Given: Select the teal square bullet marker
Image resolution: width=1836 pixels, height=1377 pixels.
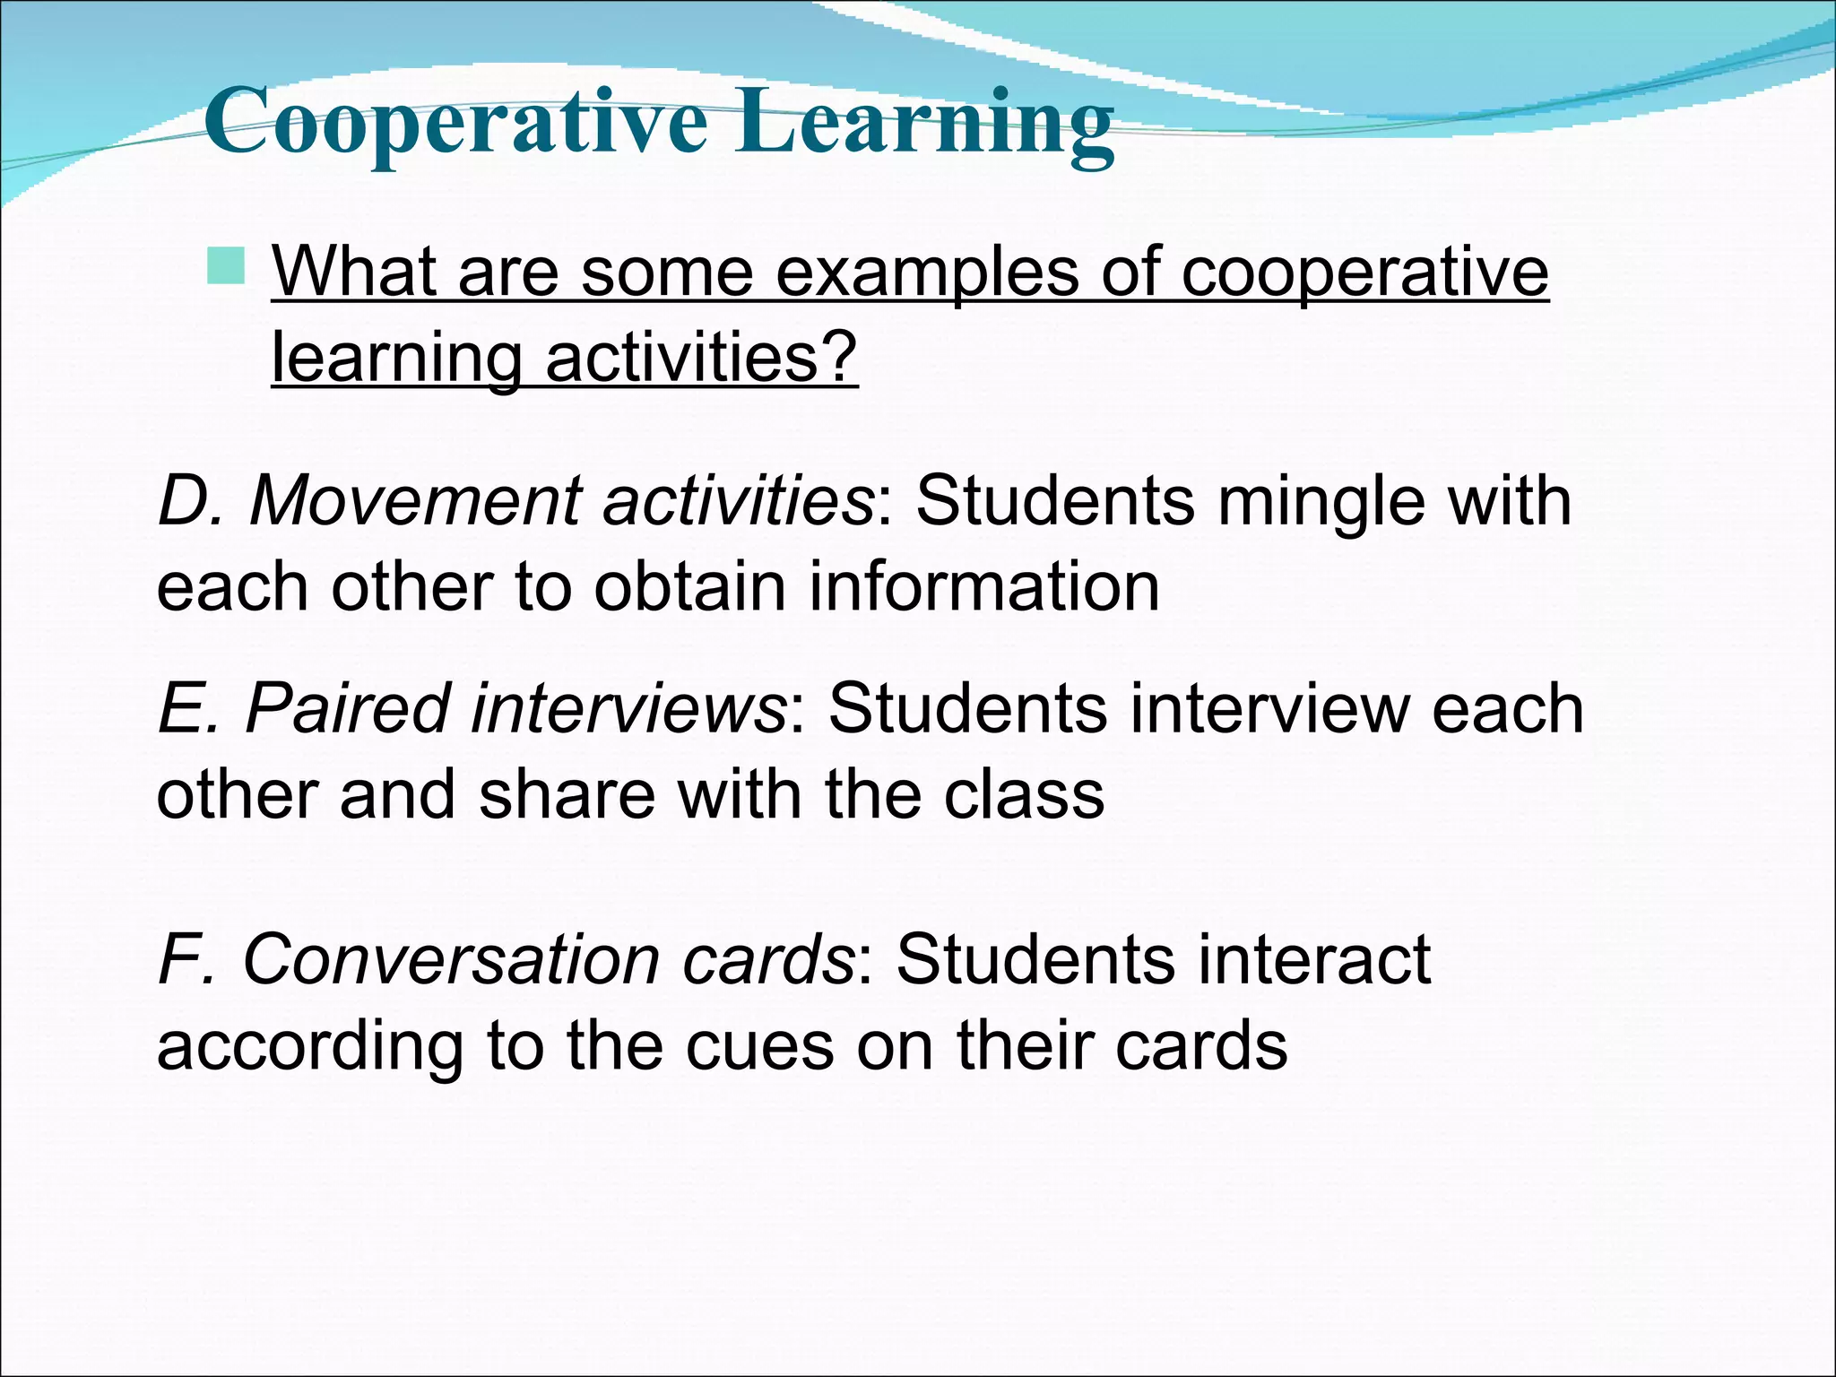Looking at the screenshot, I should pyautogui.click(x=225, y=266).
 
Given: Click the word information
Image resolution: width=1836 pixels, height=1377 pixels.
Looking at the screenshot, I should pyautogui.click(x=983, y=586).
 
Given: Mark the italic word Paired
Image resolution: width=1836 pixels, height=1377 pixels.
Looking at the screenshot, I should pyautogui.click(x=346, y=708).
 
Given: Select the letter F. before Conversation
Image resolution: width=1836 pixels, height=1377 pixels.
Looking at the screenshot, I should pyautogui.click(x=186, y=959).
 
